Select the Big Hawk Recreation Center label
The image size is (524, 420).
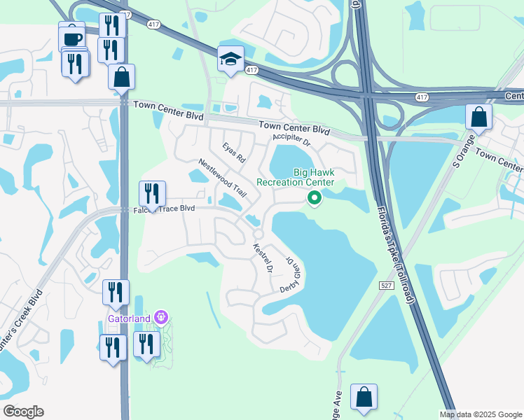click(x=295, y=177)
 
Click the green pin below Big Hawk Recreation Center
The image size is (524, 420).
click(x=315, y=199)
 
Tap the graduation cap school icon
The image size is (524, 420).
click(x=230, y=59)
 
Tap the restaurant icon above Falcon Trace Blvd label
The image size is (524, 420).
click(x=152, y=192)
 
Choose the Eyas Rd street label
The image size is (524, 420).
click(x=233, y=153)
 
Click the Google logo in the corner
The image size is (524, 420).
click(x=23, y=412)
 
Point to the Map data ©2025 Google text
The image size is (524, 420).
click(x=481, y=414)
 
